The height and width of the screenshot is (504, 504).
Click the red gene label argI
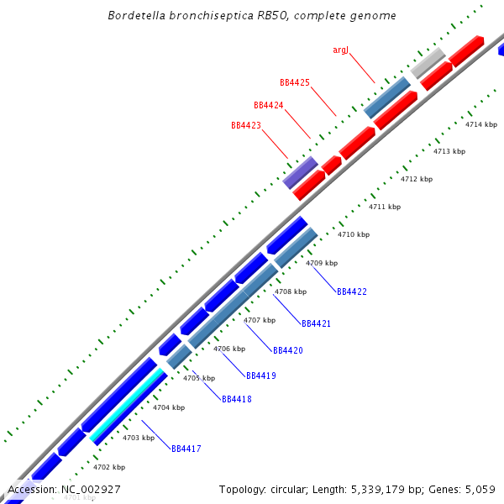[x=340, y=50]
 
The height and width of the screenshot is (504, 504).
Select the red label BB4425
[x=295, y=83]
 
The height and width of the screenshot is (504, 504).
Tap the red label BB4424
[x=269, y=105]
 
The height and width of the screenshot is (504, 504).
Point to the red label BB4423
[x=246, y=125]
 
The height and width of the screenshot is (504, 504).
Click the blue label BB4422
[x=352, y=291]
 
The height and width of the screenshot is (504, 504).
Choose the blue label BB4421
[x=317, y=323]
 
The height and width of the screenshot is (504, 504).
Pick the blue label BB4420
[x=288, y=349]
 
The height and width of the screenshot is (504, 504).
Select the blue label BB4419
[x=261, y=375]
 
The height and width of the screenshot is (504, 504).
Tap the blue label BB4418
[x=237, y=399]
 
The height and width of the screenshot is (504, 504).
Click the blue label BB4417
[x=186, y=449]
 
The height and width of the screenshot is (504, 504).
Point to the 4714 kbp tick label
[x=481, y=124]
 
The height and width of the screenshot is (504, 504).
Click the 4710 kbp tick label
[x=354, y=234]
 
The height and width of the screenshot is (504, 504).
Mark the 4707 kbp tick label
[x=260, y=320]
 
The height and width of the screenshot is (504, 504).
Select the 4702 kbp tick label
[x=109, y=467]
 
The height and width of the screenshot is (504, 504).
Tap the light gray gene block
[x=428, y=61]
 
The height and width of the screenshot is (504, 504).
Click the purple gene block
[x=300, y=171]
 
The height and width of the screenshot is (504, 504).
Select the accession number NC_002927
[x=92, y=489]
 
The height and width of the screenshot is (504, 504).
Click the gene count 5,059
[x=480, y=489]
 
